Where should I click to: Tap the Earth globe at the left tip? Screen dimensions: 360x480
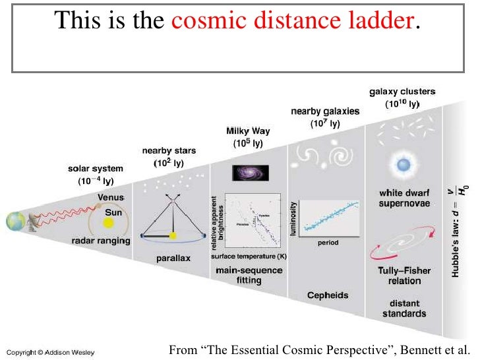point(15,221)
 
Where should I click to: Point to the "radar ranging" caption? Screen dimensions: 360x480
point(100,241)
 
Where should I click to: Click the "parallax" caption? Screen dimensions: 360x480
point(173,258)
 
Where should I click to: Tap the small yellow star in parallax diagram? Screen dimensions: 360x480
point(173,235)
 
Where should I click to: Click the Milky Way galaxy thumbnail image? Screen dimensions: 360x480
point(249,173)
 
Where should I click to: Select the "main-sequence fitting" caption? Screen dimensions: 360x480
point(249,275)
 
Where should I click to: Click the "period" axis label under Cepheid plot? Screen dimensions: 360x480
point(328,243)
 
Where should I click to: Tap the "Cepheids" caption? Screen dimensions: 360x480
point(328,295)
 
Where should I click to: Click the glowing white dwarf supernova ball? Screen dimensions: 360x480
point(401,163)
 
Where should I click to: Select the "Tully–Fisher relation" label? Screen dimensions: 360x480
point(404,276)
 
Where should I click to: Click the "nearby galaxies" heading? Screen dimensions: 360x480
point(325,111)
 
